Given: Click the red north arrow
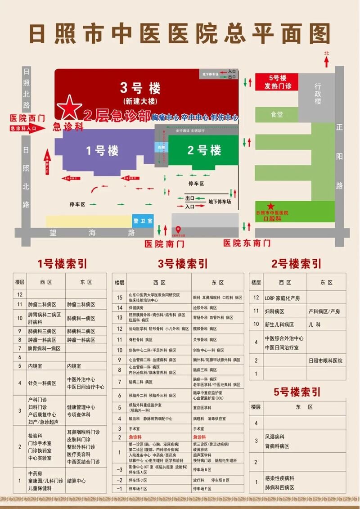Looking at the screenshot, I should tap(326, 61).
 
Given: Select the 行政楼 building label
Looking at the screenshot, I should tap(318, 94).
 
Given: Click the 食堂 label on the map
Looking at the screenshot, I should tap(277, 115).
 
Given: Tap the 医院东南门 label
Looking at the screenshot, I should tap(247, 243).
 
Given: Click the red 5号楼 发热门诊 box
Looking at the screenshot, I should tap(278, 82).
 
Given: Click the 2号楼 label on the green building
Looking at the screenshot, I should tap(204, 150).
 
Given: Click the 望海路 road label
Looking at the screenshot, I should tap(92, 233).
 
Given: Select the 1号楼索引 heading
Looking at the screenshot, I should tap(63, 263).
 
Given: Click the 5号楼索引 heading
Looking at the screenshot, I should tap(298, 392).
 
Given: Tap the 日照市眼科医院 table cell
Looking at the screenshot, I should tap(325, 361).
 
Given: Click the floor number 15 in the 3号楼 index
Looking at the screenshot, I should tap(120, 297).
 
